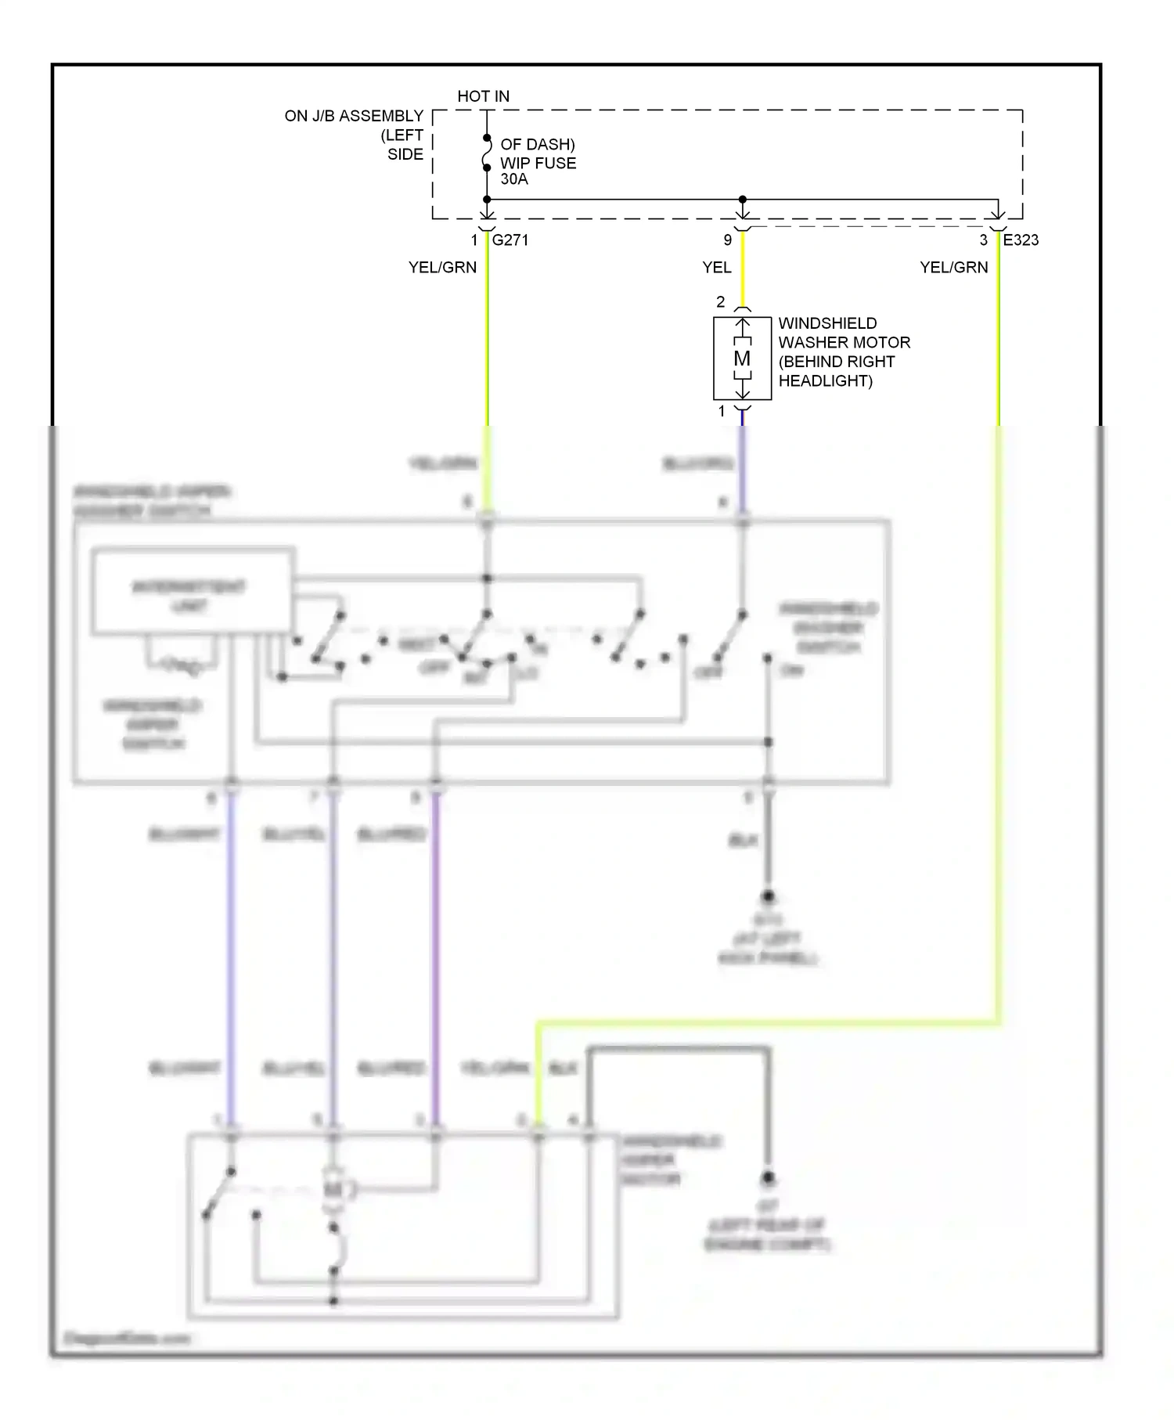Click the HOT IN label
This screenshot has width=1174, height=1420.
pos(483,96)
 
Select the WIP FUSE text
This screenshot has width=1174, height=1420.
pos(538,163)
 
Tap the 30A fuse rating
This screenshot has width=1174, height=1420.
pos(514,179)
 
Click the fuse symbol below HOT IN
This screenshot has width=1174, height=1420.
pos(487,153)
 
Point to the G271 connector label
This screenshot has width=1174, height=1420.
pos(510,240)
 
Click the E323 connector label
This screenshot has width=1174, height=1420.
pos(1021,240)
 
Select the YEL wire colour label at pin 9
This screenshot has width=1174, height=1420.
pos(716,268)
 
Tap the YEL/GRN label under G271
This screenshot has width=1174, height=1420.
pos(442,268)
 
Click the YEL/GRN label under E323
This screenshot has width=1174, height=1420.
pos(953,268)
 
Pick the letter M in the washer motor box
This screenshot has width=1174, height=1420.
pos(742,359)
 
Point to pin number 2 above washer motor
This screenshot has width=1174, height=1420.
pos(721,302)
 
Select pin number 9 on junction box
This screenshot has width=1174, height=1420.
pos(728,240)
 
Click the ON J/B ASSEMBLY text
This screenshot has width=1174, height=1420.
pos(354,117)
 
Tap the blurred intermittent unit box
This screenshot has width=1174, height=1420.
pos(193,591)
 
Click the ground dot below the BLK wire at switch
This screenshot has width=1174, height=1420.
pos(768,897)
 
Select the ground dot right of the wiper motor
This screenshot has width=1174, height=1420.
pos(768,1178)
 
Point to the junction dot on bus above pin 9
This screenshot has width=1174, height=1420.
pos(743,200)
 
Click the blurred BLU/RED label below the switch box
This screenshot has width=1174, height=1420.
pos(391,835)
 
